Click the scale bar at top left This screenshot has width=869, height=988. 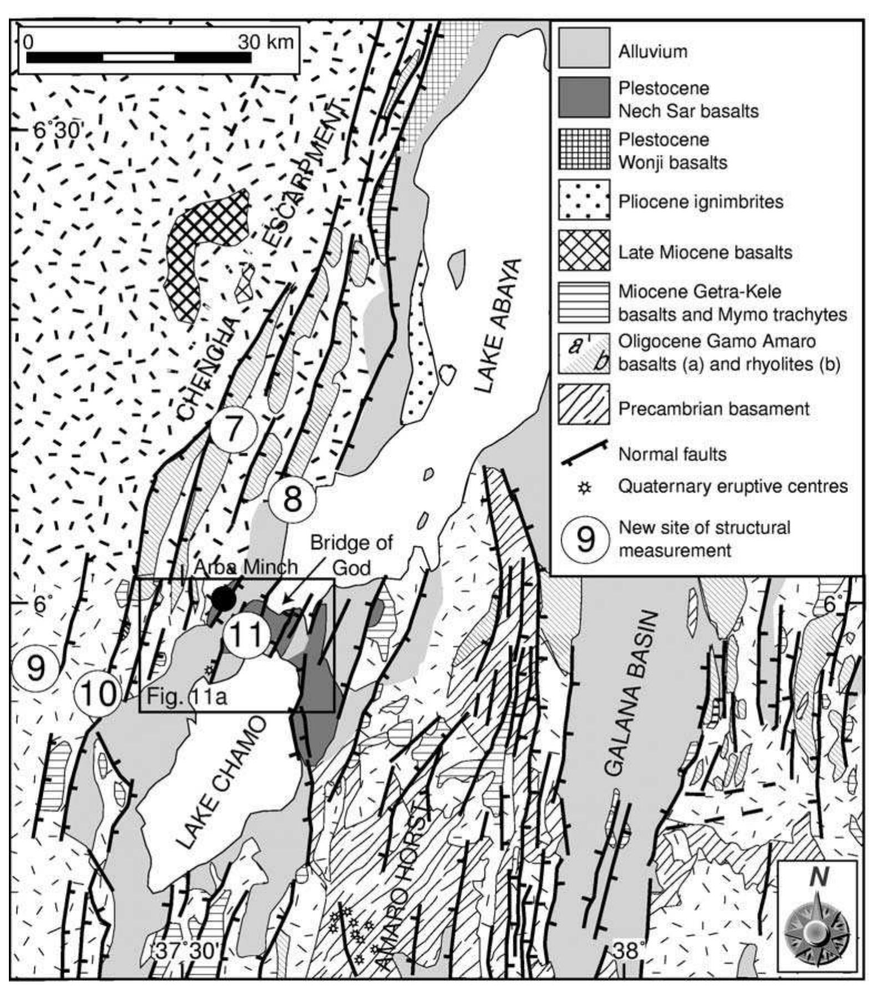(139, 57)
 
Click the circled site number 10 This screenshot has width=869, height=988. (99, 693)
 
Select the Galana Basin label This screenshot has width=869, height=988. (630, 693)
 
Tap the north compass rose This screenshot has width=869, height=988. (817, 923)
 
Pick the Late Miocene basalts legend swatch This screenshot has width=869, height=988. (584, 250)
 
